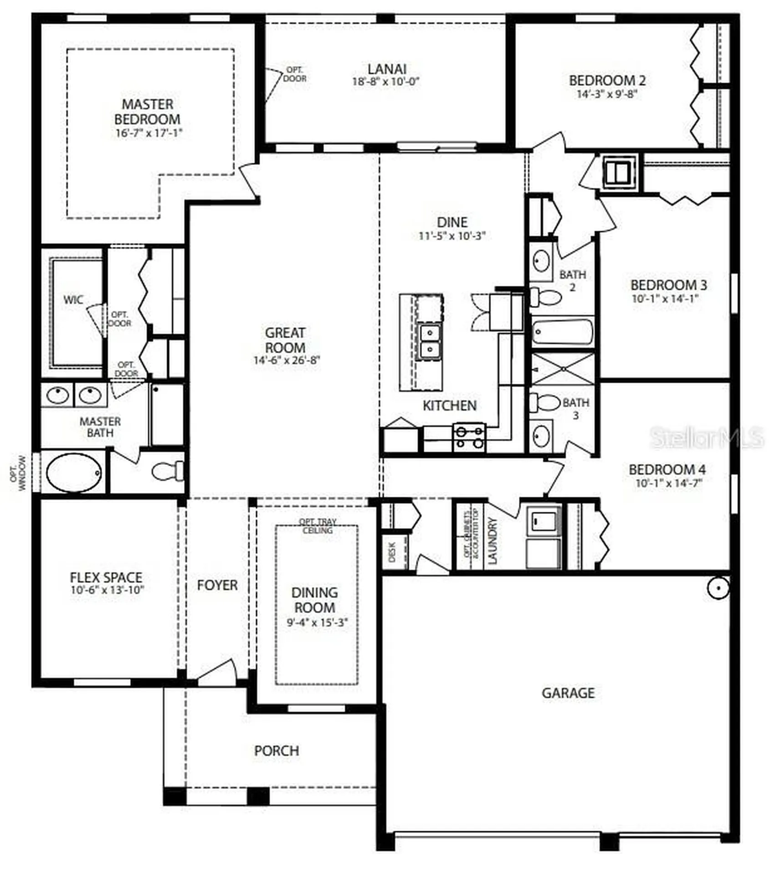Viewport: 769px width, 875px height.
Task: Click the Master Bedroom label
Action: point(147,112)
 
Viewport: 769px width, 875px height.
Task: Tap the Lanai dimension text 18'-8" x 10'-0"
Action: point(385,82)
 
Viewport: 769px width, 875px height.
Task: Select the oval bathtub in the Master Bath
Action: point(74,473)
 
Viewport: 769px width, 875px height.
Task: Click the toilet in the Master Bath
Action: point(168,471)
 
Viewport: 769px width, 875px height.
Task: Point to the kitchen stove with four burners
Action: point(469,437)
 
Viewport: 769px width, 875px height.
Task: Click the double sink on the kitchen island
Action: point(429,341)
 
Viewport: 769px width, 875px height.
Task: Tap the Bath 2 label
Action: point(572,280)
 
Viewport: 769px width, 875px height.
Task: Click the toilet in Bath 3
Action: point(545,402)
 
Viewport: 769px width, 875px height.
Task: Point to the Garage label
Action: point(568,693)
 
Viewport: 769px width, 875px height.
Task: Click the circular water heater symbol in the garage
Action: point(718,588)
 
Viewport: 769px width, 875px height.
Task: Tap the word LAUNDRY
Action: point(492,541)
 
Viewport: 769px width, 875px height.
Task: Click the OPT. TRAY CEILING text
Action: point(318,526)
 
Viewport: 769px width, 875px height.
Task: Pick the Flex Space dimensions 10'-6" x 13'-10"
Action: point(107,590)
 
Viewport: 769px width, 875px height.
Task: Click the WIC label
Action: point(73,300)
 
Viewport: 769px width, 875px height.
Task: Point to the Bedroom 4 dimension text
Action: point(668,483)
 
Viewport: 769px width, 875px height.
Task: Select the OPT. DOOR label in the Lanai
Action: point(294,74)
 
